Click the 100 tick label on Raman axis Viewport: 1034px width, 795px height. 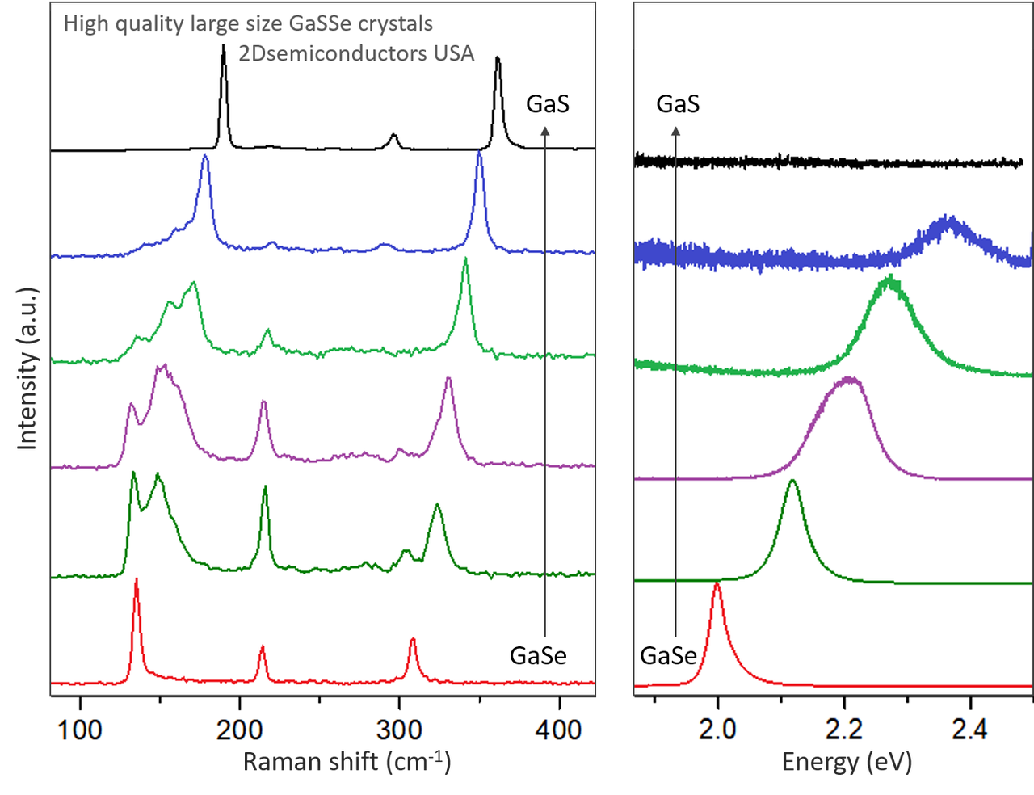[x=80, y=730]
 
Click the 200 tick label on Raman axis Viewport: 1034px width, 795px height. [x=240, y=730]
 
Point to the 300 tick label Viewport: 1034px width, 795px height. [x=399, y=730]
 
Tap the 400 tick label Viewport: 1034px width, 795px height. [x=559, y=730]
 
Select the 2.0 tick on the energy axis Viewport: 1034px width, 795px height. [x=717, y=730]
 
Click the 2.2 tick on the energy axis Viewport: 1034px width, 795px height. [x=844, y=730]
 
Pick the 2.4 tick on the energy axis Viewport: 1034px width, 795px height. [x=969, y=730]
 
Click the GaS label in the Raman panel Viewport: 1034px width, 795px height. [x=548, y=104]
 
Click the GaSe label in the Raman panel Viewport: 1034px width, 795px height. [x=538, y=655]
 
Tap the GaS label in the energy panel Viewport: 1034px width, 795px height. [x=678, y=104]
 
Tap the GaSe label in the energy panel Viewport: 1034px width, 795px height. [x=668, y=655]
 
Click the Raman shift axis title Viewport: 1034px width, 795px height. [x=347, y=762]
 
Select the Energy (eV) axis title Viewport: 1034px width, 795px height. [x=847, y=762]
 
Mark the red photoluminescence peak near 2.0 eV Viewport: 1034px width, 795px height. [x=717, y=584]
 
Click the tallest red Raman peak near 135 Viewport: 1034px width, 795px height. [x=136, y=580]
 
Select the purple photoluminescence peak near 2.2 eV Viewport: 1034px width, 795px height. [x=848, y=379]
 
